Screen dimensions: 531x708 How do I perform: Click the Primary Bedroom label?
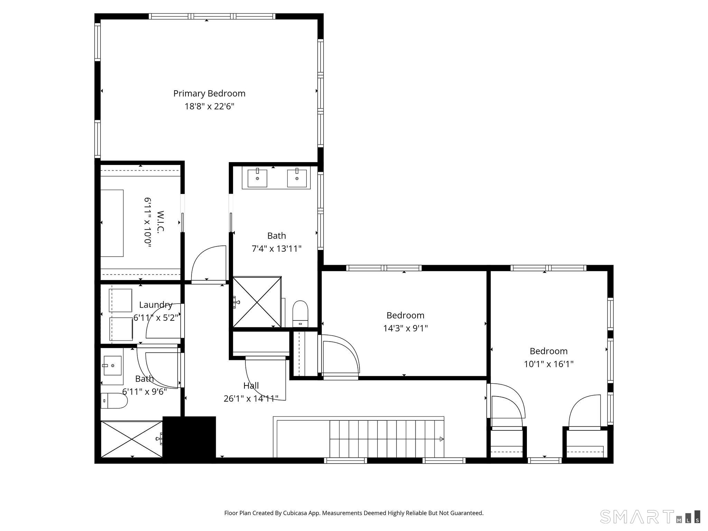(x=209, y=93)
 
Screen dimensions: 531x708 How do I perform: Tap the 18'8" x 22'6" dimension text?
(x=209, y=106)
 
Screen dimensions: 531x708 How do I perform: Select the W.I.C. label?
(x=160, y=222)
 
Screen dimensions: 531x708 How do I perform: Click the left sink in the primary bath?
(x=257, y=178)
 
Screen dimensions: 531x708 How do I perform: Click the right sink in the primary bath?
(x=297, y=178)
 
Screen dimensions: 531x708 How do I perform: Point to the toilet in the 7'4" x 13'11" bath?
(x=300, y=313)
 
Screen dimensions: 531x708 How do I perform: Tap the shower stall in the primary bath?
(x=257, y=302)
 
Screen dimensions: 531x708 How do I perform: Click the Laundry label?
(x=156, y=305)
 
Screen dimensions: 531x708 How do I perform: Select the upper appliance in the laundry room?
(x=120, y=300)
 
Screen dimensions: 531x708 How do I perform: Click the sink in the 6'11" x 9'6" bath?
(x=112, y=366)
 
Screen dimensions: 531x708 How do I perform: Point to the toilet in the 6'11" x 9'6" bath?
(x=114, y=400)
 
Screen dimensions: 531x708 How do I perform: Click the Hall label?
(x=251, y=385)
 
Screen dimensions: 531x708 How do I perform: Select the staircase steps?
(x=385, y=438)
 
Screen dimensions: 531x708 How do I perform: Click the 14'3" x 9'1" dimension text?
(x=405, y=328)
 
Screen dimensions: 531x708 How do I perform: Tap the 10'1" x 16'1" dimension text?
(x=549, y=364)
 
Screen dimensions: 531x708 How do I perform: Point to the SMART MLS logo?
(x=650, y=516)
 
